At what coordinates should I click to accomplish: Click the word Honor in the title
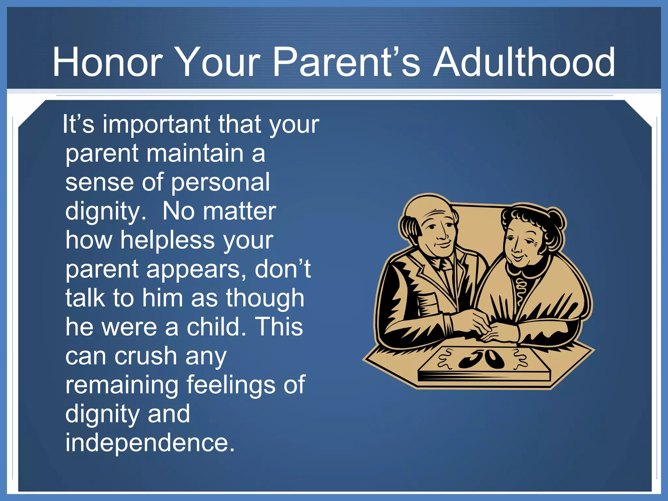[x=108, y=62]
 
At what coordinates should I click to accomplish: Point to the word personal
[x=220, y=183]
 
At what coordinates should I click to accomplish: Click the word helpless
[x=167, y=240]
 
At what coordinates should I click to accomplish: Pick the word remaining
[x=122, y=385]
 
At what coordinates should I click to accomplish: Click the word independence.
[x=150, y=443]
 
